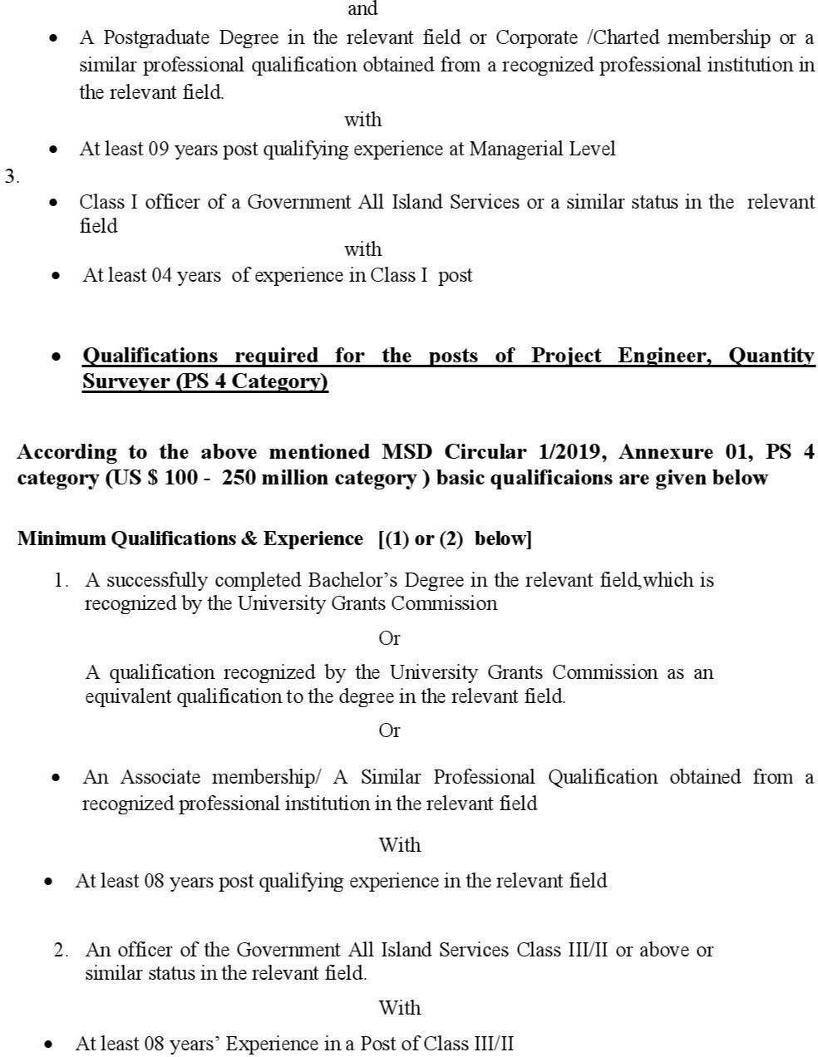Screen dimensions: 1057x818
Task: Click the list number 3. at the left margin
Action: [12, 176]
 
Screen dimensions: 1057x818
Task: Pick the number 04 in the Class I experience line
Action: [161, 276]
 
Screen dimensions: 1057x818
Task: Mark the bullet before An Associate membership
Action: [56, 779]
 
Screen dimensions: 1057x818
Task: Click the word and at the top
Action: [363, 9]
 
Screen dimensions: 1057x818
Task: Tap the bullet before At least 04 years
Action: [56, 277]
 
